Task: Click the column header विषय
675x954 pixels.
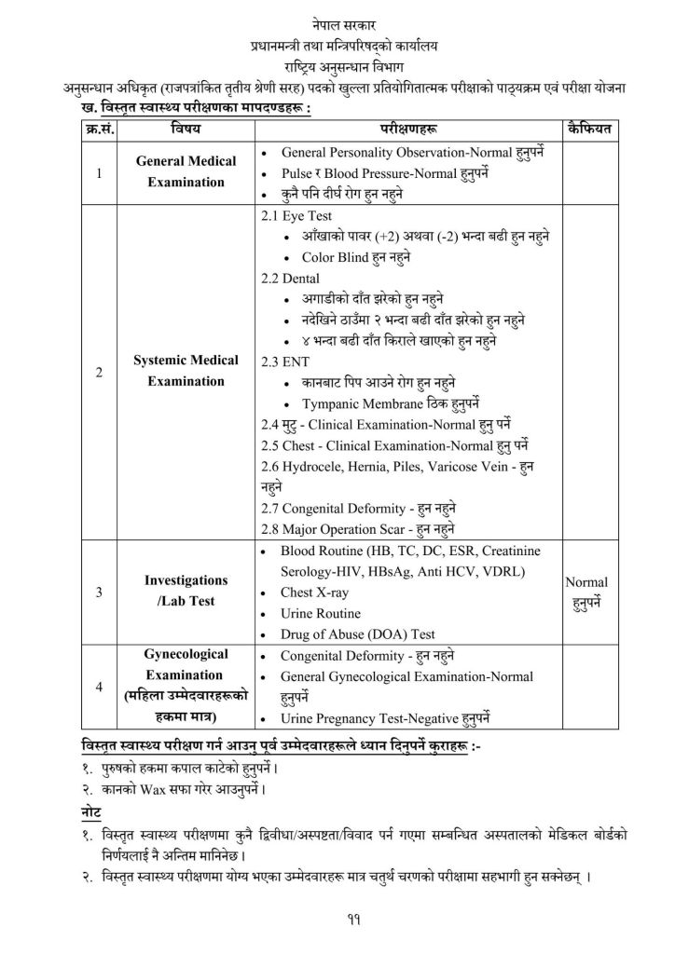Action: pos(186,128)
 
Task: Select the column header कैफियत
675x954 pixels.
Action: pos(587,128)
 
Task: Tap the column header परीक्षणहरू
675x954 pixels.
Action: pos(406,128)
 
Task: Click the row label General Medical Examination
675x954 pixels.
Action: pos(186,171)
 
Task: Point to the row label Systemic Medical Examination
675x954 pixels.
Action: pos(186,370)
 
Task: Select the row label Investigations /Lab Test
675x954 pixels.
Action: pos(186,590)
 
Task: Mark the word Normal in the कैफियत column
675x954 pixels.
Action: pos(587,581)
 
